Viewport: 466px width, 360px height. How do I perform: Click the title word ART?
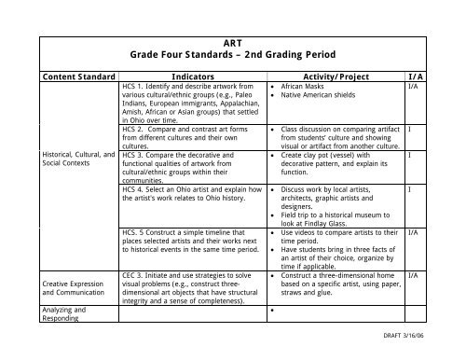[x=232, y=42]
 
